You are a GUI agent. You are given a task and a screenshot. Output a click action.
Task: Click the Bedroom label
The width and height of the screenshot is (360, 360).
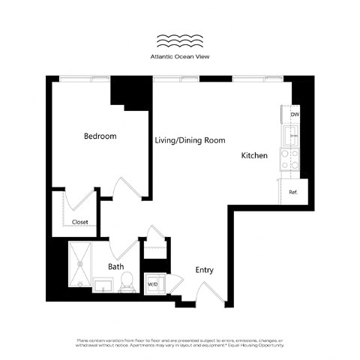click(100, 136)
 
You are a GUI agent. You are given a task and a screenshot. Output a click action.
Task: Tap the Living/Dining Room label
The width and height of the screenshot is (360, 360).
click(190, 140)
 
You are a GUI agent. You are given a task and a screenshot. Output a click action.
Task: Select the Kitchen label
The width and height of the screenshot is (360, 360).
click(254, 156)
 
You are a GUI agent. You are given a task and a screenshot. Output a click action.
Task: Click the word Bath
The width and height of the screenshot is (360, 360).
click(115, 266)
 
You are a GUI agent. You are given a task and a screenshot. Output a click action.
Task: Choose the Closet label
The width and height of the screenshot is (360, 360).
click(79, 222)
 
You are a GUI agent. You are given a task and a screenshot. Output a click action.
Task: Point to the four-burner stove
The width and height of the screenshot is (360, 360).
click(289, 158)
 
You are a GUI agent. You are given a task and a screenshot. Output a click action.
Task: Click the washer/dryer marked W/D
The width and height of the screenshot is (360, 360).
click(153, 283)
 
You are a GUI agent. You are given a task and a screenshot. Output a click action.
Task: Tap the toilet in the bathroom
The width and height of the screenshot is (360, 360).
click(127, 281)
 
